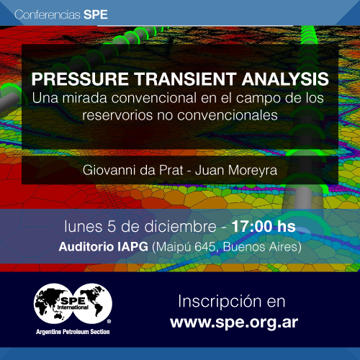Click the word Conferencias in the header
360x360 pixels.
pyautogui.click(x=48, y=14)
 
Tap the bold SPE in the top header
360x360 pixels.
pyautogui.click(x=96, y=14)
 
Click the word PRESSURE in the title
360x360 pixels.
pyautogui.click(x=80, y=79)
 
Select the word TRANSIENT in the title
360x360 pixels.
pyautogui.click(x=185, y=79)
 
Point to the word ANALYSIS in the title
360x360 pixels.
pyautogui.click(x=285, y=79)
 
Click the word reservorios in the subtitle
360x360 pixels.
pyautogui.click(x=117, y=115)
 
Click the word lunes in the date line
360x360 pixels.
pyautogui.click(x=84, y=227)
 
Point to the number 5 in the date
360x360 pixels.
pyautogui.click(x=112, y=227)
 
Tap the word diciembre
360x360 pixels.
pyautogui.click(x=180, y=227)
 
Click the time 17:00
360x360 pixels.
pyautogui.click(x=252, y=227)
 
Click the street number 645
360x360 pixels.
pyautogui.click(x=204, y=247)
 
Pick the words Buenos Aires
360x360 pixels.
pyautogui.click(x=261, y=247)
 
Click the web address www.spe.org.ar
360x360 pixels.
pyautogui.click(x=234, y=323)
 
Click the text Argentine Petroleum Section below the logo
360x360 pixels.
pyautogui.click(x=73, y=332)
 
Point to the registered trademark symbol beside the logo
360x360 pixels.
pyautogui.click(x=109, y=321)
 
